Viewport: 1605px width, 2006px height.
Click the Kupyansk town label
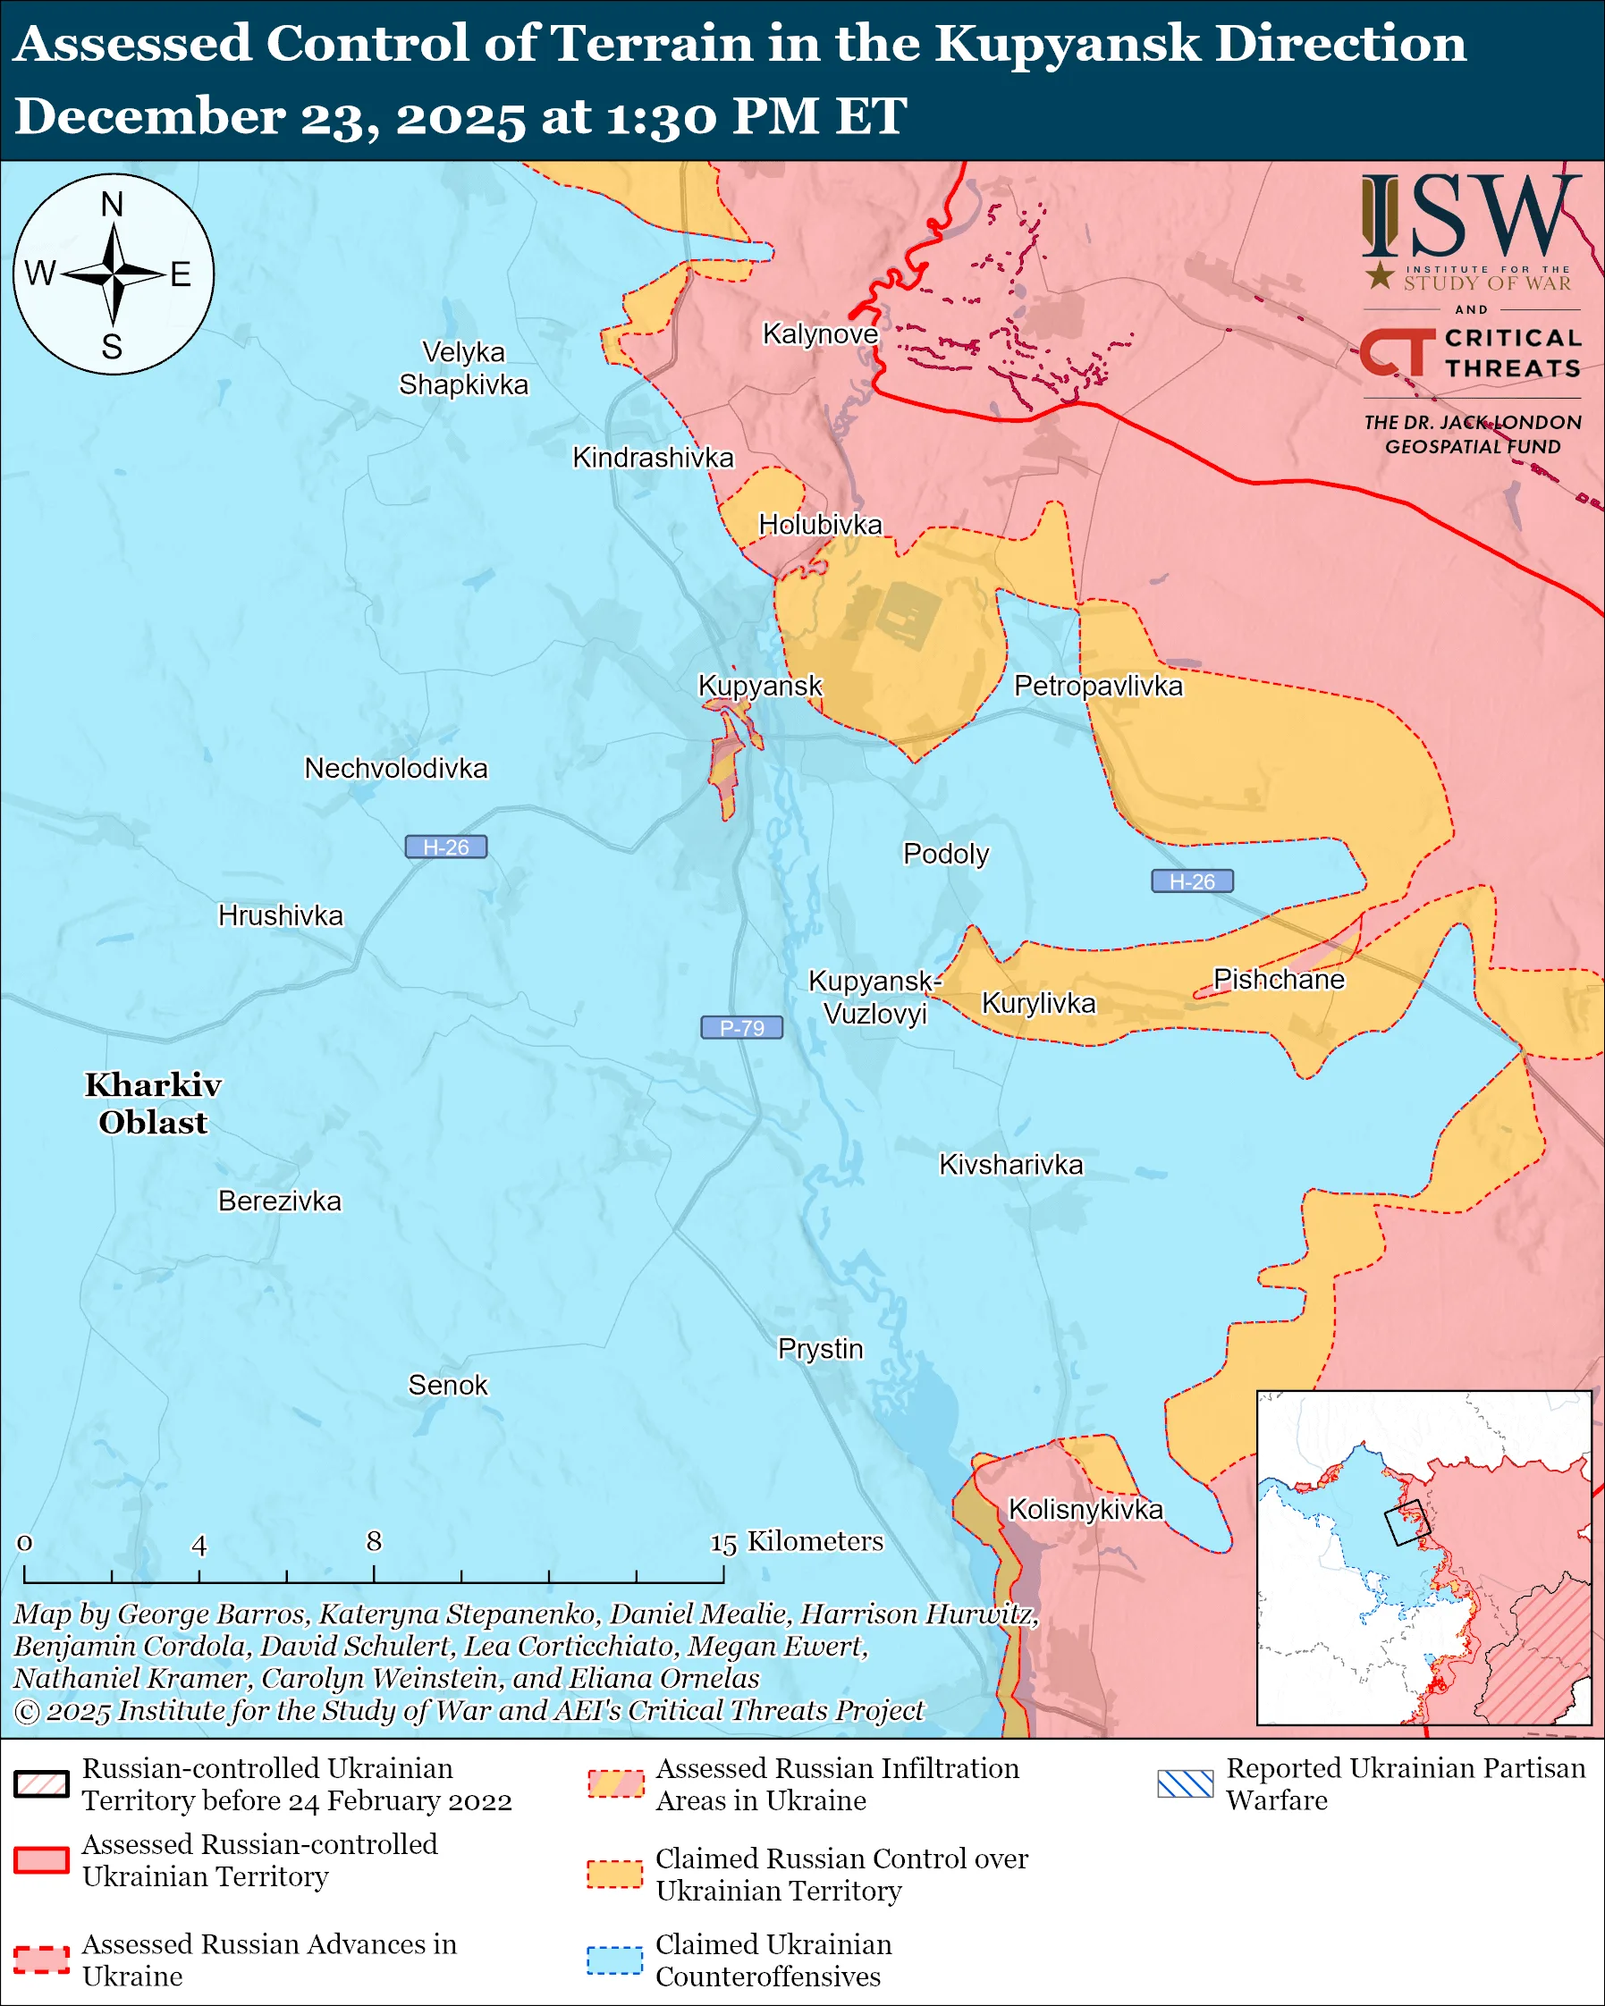click(759, 686)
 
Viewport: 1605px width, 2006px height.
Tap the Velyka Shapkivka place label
click(463, 368)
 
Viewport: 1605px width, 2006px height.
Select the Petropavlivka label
click(1098, 686)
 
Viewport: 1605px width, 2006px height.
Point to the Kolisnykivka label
click(1085, 1509)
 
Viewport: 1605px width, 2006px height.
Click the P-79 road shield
click(741, 1027)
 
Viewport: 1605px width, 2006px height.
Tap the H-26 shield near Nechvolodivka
click(445, 847)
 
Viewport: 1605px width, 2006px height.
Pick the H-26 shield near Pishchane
click(1192, 881)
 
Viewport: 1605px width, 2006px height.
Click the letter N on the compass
click(112, 204)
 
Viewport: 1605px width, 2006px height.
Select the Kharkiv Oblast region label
click(153, 1103)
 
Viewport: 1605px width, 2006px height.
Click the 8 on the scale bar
click(374, 1542)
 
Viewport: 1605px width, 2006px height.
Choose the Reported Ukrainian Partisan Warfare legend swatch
click(1186, 1783)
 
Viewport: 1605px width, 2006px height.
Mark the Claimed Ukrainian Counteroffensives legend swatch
click(614, 1960)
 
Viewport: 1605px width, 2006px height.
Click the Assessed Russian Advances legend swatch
click(42, 1960)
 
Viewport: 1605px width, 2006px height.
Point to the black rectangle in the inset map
click(1406, 1523)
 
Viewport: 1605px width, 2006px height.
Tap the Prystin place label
click(820, 1348)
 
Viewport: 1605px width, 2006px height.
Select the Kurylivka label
click(1038, 1003)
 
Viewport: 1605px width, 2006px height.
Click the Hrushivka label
click(280, 915)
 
